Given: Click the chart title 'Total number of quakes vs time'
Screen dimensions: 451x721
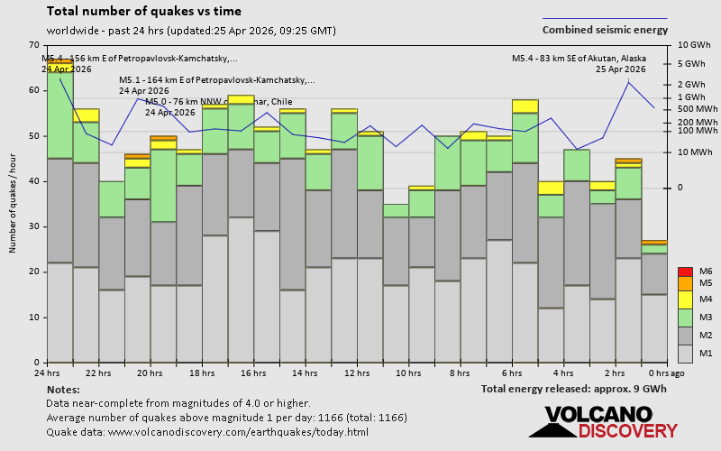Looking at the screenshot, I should tap(143, 12).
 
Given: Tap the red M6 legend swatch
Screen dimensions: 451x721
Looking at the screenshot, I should tap(685, 272).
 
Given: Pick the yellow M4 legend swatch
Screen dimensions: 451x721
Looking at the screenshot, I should tap(685, 299).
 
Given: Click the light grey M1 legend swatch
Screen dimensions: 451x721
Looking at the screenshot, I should tap(685, 353).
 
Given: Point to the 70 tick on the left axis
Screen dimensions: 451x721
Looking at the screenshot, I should tap(34, 45).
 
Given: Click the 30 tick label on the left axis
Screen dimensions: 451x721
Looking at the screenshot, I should tap(34, 226).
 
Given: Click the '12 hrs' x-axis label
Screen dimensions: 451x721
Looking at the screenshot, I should tap(357, 373).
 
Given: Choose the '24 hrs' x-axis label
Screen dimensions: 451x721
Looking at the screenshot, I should tap(47, 373).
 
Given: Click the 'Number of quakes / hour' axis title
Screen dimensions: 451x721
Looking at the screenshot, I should tap(13, 204).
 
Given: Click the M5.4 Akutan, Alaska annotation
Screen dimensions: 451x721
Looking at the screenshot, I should tap(579, 63).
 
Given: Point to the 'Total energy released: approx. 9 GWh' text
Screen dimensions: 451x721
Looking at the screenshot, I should tap(573, 389).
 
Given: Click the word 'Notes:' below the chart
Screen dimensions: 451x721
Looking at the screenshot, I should tap(62, 389).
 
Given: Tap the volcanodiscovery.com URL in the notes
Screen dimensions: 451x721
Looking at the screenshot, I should tap(238, 432).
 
